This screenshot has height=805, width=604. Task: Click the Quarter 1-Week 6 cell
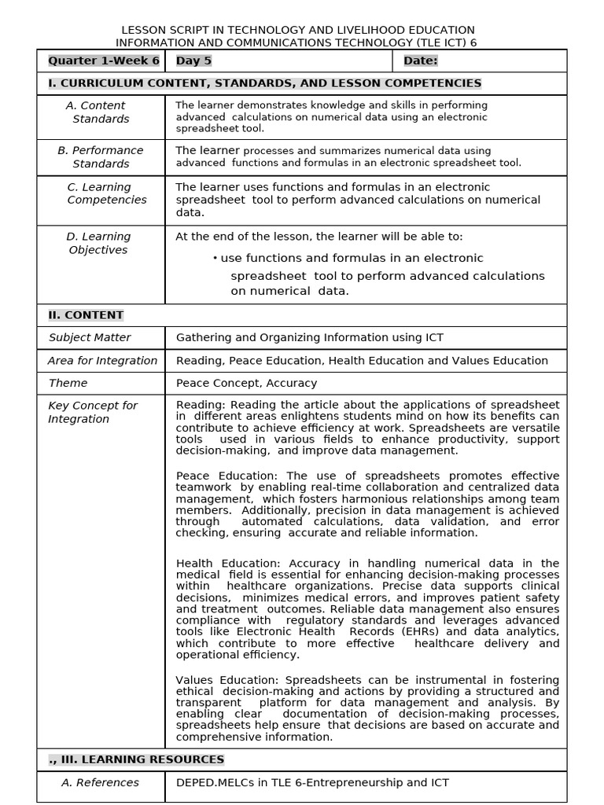coord(103,61)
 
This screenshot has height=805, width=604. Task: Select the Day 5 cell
coord(193,61)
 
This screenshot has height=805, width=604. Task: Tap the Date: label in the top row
coord(420,61)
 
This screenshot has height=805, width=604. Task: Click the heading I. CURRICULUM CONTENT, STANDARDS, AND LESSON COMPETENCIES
coord(264,83)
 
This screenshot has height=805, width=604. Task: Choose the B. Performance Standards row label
coord(101,157)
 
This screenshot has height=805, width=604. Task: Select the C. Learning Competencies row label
coord(101,193)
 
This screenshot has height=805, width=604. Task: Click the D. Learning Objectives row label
coord(98,243)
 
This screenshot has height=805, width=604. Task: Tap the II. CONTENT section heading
coord(86,315)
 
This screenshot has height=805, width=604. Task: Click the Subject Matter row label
coord(90,338)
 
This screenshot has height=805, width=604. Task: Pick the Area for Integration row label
coord(102,361)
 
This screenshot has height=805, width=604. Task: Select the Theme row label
coord(68,384)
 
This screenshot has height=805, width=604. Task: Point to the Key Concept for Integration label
coord(93,413)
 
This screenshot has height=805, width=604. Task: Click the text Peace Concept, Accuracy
coord(246,384)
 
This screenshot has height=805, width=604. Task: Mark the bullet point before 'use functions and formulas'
coord(215,259)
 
